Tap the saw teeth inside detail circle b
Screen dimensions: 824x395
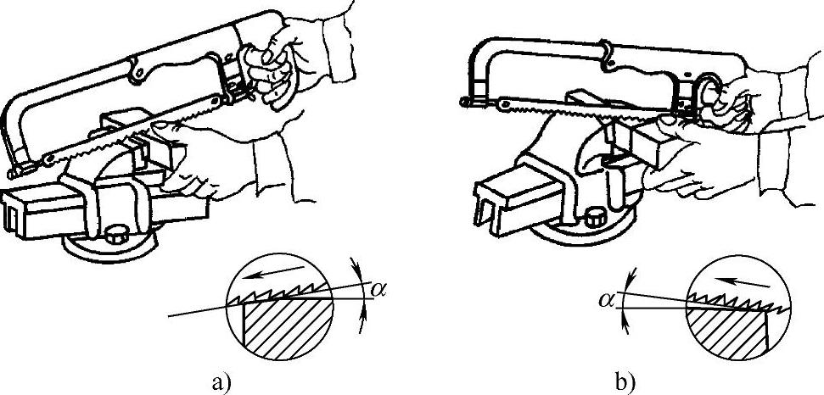[x=732, y=299]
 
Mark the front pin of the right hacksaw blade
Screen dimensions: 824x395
[x=463, y=102]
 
